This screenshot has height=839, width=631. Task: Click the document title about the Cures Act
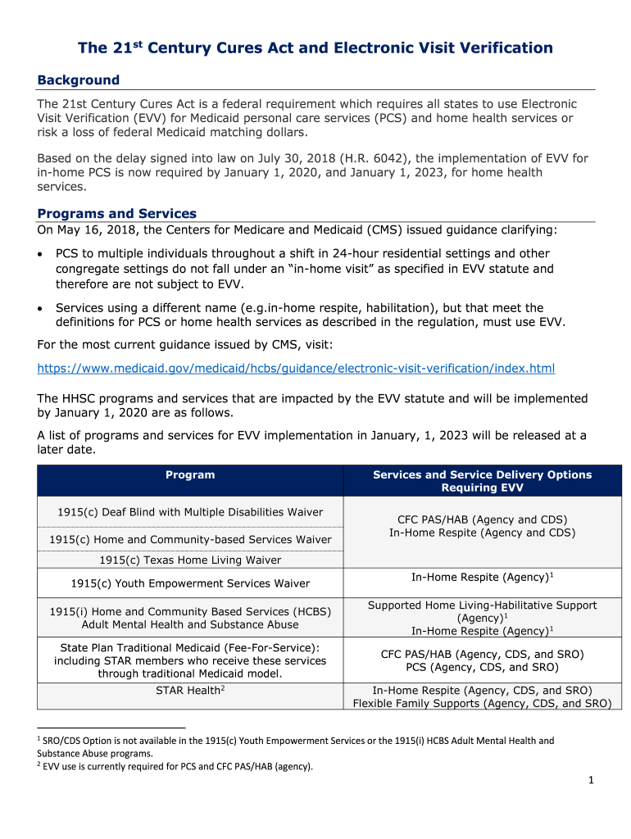pyautogui.click(x=315, y=48)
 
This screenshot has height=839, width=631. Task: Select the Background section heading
pyautogui.click(x=79, y=80)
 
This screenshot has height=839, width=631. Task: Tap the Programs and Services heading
pyautogui.click(x=117, y=214)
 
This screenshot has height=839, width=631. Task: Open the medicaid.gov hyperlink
pyautogui.click(x=296, y=369)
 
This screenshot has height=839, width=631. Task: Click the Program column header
pyautogui.click(x=190, y=475)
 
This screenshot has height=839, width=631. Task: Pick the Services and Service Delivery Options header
pyautogui.click(x=482, y=481)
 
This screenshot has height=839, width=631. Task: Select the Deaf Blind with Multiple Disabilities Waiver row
pyautogui.click(x=190, y=512)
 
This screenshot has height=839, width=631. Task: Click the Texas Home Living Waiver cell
pyautogui.click(x=190, y=560)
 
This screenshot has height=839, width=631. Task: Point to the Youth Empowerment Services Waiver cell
pyautogui.click(x=190, y=583)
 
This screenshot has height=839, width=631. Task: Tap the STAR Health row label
pyautogui.click(x=190, y=691)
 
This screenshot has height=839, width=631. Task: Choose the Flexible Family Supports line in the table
pyautogui.click(x=482, y=703)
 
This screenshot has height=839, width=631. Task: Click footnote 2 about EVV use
pyautogui.click(x=177, y=767)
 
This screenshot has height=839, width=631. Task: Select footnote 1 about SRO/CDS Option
pyautogui.click(x=295, y=746)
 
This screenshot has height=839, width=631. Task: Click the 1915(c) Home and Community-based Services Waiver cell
pyautogui.click(x=190, y=539)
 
